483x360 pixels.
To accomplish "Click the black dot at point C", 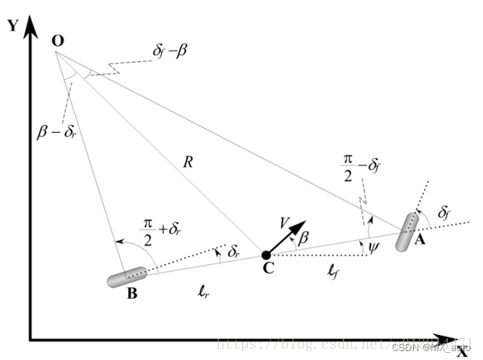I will [x=266, y=256].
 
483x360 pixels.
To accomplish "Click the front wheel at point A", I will [x=407, y=232].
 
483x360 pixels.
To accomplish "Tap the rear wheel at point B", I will [x=127, y=278].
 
